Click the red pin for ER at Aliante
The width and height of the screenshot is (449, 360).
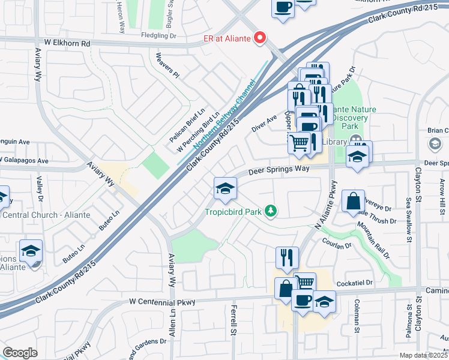260,38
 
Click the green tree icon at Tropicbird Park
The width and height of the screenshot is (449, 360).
271,210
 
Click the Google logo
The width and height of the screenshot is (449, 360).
20,352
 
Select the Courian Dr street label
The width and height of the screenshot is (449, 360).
336,246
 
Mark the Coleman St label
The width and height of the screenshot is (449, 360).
357,316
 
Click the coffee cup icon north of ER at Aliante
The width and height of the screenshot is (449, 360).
283,8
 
